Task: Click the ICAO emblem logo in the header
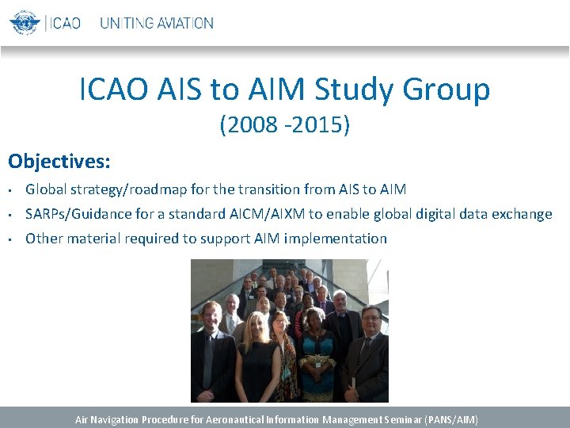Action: coord(24,21)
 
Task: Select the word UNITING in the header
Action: coord(127,23)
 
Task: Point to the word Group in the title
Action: coord(446,90)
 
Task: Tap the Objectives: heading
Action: coord(59,162)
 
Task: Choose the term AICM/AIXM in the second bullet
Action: coord(268,214)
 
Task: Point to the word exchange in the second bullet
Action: coord(519,214)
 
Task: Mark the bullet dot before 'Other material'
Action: coord(12,239)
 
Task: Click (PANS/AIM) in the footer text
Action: coord(451,419)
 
